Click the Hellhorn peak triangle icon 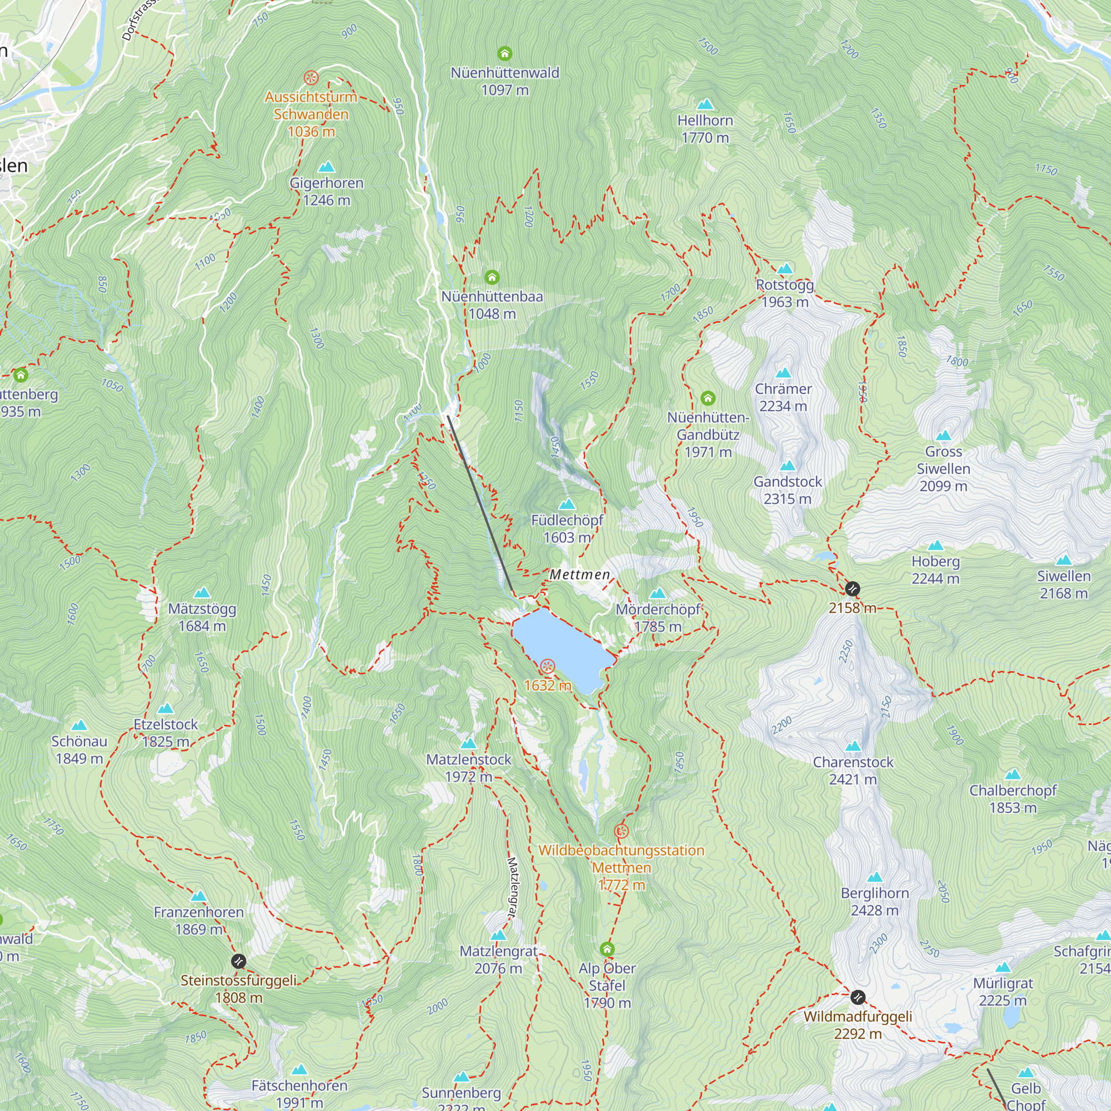tap(705, 104)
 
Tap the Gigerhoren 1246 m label tap(326, 192)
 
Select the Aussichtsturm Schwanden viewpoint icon tap(311, 78)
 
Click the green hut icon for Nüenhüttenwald tap(504, 54)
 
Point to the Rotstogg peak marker tap(785, 269)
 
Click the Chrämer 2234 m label tap(783, 397)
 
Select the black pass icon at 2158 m tap(852, 588)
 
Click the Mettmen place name tap(579, 574)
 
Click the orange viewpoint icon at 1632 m tap(548, 667)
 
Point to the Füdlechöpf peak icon tap(567, 505)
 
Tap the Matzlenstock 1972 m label tap(469, 768)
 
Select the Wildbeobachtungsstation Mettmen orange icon tap(621, 831)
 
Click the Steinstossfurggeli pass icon tap(239, 961)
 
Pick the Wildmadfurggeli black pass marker tap(857, 997)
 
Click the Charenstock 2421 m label tap(853, 770)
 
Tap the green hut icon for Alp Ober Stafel tap(607, 949)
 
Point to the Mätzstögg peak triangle tap(202, 593)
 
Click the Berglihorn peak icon tap(875, 877)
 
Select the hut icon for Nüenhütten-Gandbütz tap(708, 398)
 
